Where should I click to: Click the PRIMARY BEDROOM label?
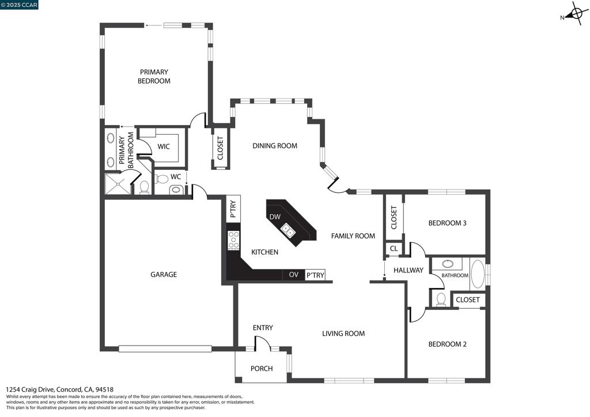tap(154, 77)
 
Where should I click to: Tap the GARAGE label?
tap(164, 275)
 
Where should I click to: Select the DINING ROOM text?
tap(275, 146)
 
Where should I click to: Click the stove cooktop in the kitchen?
tap(233, 240)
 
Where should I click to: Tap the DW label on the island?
tap(275, 217)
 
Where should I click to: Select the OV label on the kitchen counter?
tap(294, 275)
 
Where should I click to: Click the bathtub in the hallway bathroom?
tap(478, 274)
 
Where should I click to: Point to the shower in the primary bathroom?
tap(118, 184)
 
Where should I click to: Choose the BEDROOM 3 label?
tap(447, 223)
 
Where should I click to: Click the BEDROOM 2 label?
tap(447, 344)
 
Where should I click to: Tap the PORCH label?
tap(262, 369)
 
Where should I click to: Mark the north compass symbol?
tap(575, 14)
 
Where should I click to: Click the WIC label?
tap(163, 147)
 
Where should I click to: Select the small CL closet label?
tap(394, 249)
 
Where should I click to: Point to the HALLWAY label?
tap(409, 270)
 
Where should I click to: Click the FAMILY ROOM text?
tap(353, 236)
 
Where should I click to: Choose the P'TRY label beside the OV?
tap(315, 275)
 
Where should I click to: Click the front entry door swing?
tap(262, 343)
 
